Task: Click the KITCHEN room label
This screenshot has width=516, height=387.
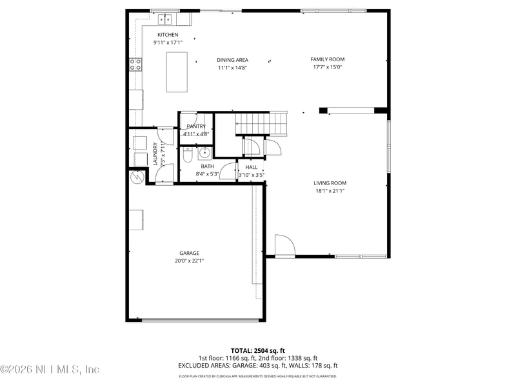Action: (168, 35)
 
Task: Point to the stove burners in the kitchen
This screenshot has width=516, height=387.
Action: (136, 64)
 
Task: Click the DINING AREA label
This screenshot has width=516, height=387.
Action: (232, 60)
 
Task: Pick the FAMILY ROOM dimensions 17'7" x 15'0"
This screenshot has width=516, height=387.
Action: (328, 67)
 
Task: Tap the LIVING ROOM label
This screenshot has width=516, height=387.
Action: (330, 183)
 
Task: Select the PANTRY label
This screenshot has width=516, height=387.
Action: (195, 126)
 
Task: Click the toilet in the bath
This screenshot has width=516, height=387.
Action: (187, 155)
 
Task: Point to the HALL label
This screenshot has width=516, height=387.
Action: (251, 167)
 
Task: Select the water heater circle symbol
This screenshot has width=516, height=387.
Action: (136, 176)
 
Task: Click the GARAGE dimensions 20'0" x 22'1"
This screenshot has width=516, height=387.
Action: (189, 261)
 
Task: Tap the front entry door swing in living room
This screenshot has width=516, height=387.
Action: (284, 245)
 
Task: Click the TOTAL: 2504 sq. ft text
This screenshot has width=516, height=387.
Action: (257, 350)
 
